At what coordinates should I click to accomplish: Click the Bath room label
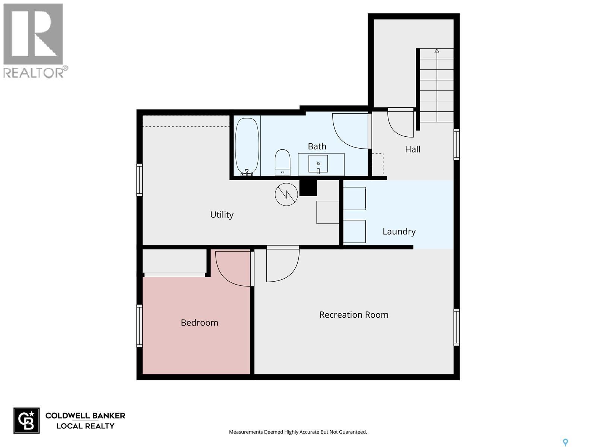(317, 146)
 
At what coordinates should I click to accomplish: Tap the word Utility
(222, 215)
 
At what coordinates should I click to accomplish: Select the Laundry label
(399, 231)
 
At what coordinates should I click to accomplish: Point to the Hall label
(412, 149)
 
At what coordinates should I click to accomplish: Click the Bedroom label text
(199, 323)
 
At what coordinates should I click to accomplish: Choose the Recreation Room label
(354, 315)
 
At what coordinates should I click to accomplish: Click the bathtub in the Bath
(247, 147)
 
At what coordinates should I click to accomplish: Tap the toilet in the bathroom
(282, 162)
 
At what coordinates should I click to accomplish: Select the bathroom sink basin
(318, 164)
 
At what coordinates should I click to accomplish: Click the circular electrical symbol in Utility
(286, 194)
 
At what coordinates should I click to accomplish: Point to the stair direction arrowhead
(437, 51)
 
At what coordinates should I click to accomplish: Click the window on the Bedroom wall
(139, 326)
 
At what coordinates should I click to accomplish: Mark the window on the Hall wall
(456, 145)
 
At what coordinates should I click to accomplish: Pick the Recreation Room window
(456, 327)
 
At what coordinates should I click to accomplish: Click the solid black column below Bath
(308, 188)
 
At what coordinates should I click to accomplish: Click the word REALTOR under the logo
(34, 73)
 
